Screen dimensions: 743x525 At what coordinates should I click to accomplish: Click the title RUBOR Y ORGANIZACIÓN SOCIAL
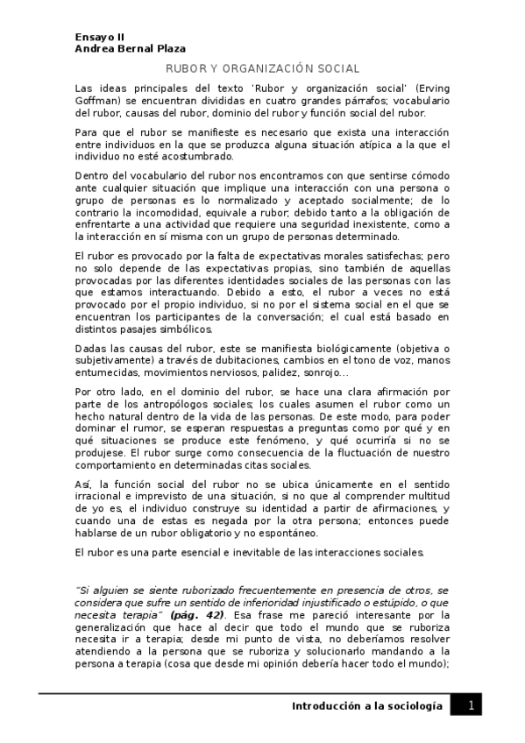pos(262,69)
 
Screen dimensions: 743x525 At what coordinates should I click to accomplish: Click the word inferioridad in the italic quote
pos(264,604)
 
